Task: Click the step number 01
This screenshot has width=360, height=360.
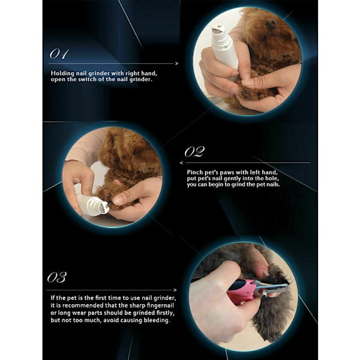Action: (59, 54)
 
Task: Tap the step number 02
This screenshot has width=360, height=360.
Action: (194, 152)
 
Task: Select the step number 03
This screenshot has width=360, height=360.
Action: (57, 277)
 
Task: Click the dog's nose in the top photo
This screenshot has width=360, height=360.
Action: (271, 23)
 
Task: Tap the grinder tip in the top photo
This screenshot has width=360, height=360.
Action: (219, 30)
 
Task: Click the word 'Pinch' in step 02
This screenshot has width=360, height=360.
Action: (194, 172)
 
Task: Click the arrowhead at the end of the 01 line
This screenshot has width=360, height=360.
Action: (176, 64)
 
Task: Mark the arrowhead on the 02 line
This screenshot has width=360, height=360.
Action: (182, 163)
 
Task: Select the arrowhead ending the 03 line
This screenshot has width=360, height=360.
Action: (175, 290)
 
